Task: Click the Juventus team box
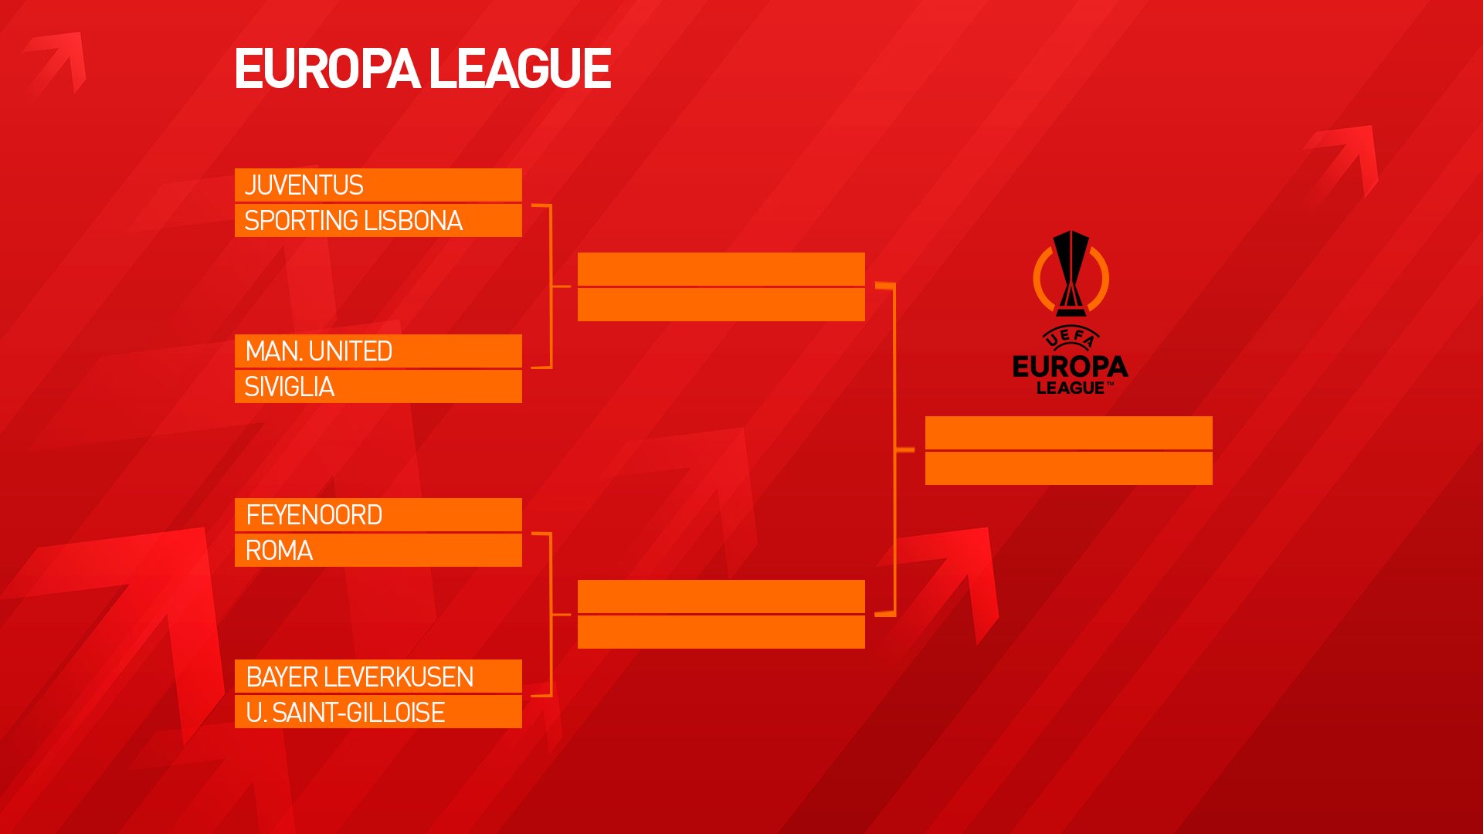pos(378,185)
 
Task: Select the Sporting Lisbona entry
pos(378,221)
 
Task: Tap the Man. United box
pos(378,351)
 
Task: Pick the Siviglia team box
pos(378,386)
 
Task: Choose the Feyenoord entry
pos(378,515)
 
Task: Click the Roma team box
pos(378,551)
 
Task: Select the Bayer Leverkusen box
pos(378,676)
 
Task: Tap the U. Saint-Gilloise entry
pos(378,712)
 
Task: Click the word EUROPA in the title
pos(327,69)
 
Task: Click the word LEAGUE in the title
pos(520,69)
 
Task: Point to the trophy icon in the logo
pos(1071,273)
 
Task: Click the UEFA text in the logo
pos(1071,337)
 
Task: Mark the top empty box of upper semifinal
pos(721,270)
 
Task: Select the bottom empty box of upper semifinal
pos(721,305)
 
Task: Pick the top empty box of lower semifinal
pos(721,597)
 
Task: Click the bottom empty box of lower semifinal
pos(721,632)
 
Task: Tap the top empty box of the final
pos(1069,433)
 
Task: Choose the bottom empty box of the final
pos(1069,469)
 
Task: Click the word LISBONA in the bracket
pos(413,221)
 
